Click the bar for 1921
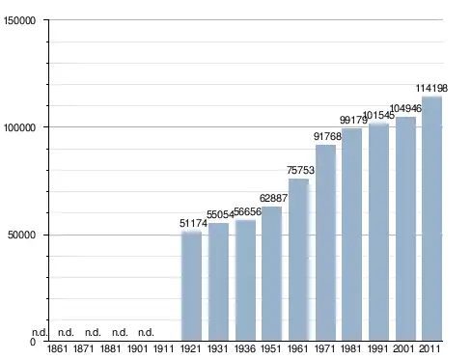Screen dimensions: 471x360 pos(191,286)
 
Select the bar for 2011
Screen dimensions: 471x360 pos(431,219)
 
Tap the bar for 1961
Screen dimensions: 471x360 pos(299,260)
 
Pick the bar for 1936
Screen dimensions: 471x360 pos(245,280)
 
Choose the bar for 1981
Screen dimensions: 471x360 pos(351,235)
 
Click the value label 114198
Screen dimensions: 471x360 pos(431,88)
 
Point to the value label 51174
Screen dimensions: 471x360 pos(193,223)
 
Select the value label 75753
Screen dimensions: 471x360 pos(300,170)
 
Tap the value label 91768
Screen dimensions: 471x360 pos(327,136)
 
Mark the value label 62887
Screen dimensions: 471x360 pos(273,198)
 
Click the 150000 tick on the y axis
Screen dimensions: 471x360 pos(19,20)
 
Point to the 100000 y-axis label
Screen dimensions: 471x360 pos(19,127)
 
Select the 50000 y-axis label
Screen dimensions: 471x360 pos(21,235)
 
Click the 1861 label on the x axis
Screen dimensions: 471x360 pos(58,348)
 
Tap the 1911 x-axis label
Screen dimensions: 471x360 pos(164,348)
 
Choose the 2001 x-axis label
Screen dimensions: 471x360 pos(403,348)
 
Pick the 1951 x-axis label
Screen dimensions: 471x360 pos(271,348)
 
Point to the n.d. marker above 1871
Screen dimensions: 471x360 pos(66,332)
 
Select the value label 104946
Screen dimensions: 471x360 pos(405,109)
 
